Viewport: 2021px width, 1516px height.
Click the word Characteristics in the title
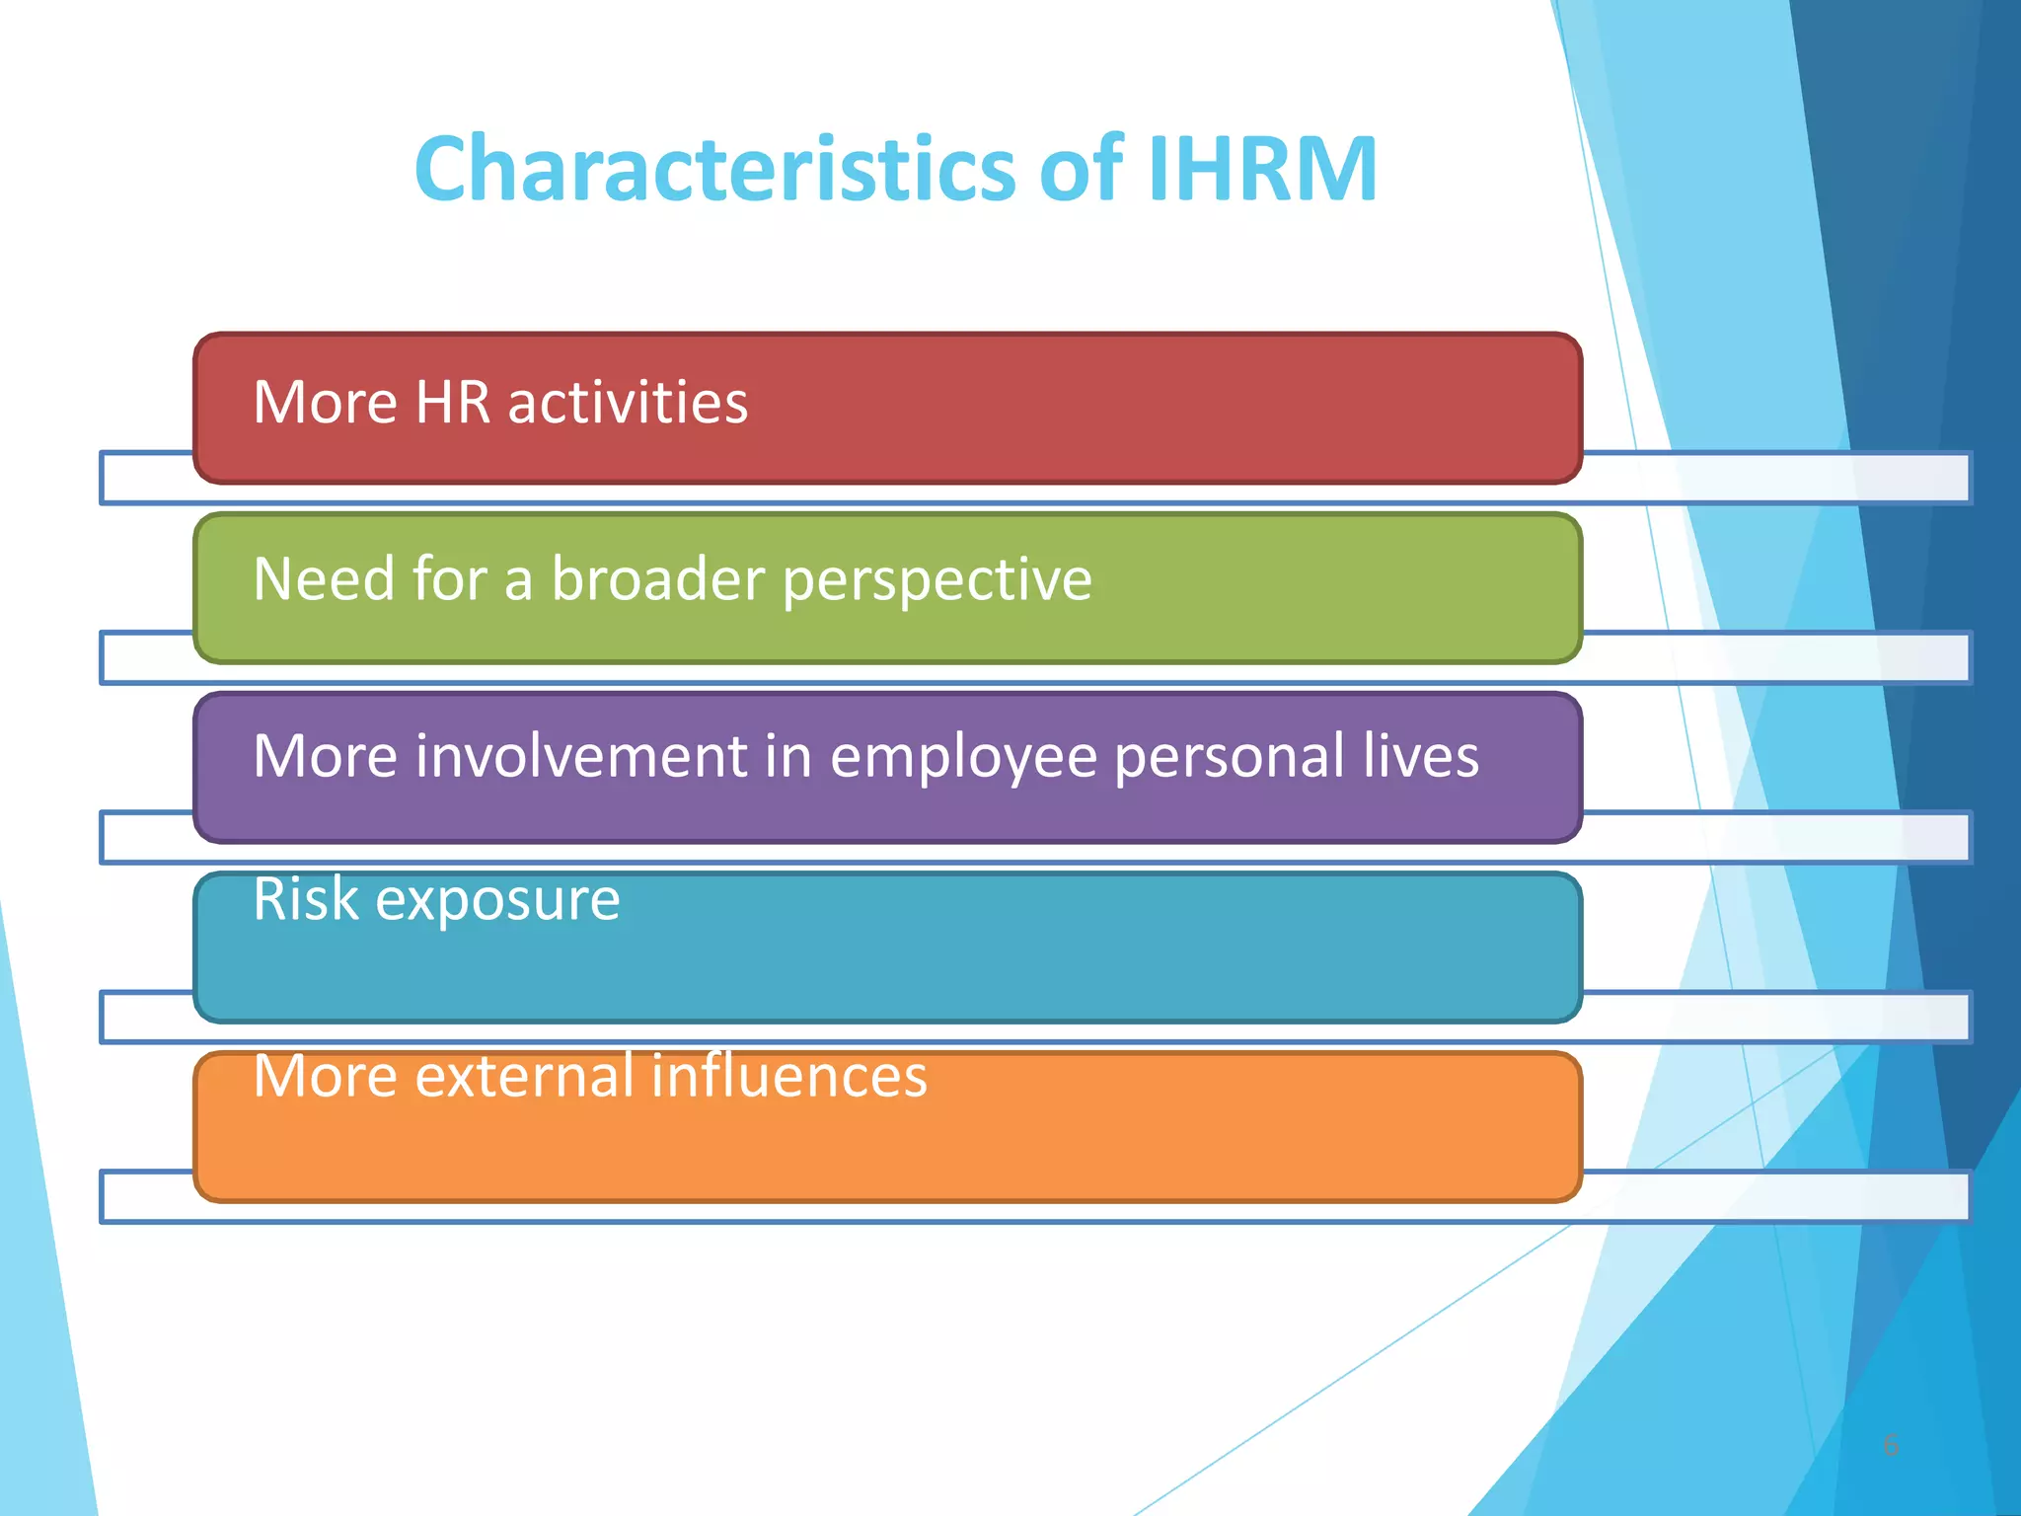[714, 169]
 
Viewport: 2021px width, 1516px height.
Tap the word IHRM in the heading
[1262, 169]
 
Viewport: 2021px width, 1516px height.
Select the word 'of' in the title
[1082, 169]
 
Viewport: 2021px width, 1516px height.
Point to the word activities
[628, 403]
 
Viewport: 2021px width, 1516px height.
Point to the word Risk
[305, 899]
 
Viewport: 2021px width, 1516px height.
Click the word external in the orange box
[524, 1076]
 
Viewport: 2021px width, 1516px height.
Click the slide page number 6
[1891, 1445]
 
